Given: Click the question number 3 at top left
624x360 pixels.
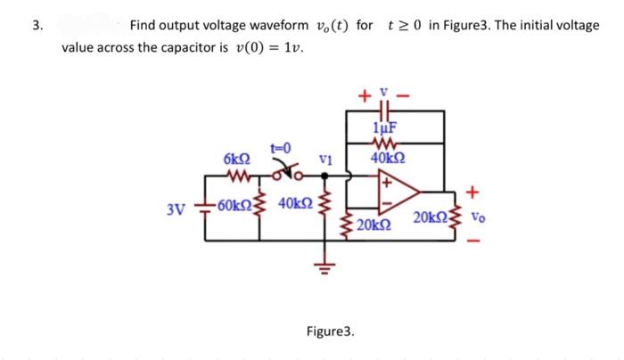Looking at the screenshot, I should click(x=36, y=25).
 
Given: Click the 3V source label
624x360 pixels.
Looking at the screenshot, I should click(x=176, y=210).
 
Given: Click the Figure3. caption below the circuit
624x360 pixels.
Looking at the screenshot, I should click(x=330, y=331).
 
